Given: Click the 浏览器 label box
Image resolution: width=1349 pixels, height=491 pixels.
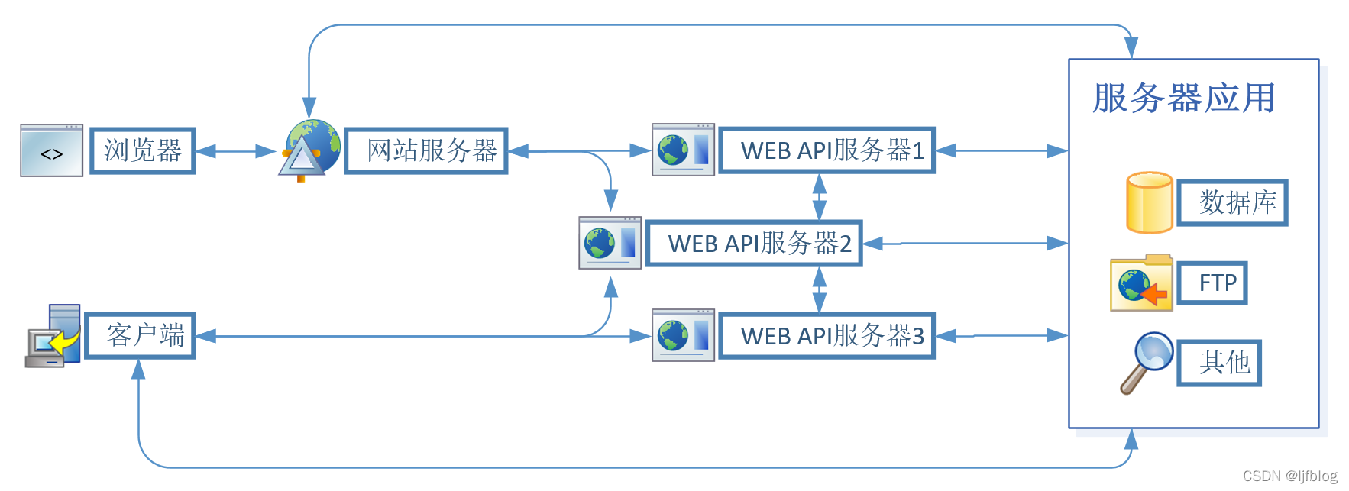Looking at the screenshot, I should (x=143, y=151).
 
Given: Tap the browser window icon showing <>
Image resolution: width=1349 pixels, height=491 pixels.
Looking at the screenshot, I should (x=51, y=151).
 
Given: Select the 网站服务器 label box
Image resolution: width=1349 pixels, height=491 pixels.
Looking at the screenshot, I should (x=426, y=151).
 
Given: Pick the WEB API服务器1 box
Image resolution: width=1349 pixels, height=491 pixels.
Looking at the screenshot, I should (x=827, y=150).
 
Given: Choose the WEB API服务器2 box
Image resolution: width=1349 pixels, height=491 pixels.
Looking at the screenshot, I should (x=754, y=244).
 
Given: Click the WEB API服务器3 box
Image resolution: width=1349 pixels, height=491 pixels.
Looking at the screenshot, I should (x=827, y=336).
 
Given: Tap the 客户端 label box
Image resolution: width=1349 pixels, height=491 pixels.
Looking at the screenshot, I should (x=141, y=336).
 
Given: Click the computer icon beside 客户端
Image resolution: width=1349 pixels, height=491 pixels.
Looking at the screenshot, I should (x=53, y=337).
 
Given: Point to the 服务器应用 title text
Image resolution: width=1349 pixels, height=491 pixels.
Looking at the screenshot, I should (x=1183, y=99).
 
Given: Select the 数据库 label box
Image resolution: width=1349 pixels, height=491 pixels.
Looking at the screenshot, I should (x=1232, y=203).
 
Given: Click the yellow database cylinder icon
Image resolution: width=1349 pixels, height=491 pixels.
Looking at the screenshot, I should (x=1149, y=202).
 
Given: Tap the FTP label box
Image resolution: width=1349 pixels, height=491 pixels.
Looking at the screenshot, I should (x=1212, y=283).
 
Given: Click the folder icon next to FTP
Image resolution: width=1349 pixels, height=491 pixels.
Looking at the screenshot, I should (x=1141, y=283).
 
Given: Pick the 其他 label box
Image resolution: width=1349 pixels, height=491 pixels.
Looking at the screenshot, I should (x=1219, y=363).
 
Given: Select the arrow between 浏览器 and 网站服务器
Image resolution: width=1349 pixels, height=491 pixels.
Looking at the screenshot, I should (x=235, y=151).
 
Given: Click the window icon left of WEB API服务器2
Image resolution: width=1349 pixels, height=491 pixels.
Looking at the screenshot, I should (x=610, y=243).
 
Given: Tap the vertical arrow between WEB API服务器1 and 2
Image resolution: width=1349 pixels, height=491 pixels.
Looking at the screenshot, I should (x=819, y=197).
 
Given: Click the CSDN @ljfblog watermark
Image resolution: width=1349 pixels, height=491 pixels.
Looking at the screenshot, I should (x=1289, y=476).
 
